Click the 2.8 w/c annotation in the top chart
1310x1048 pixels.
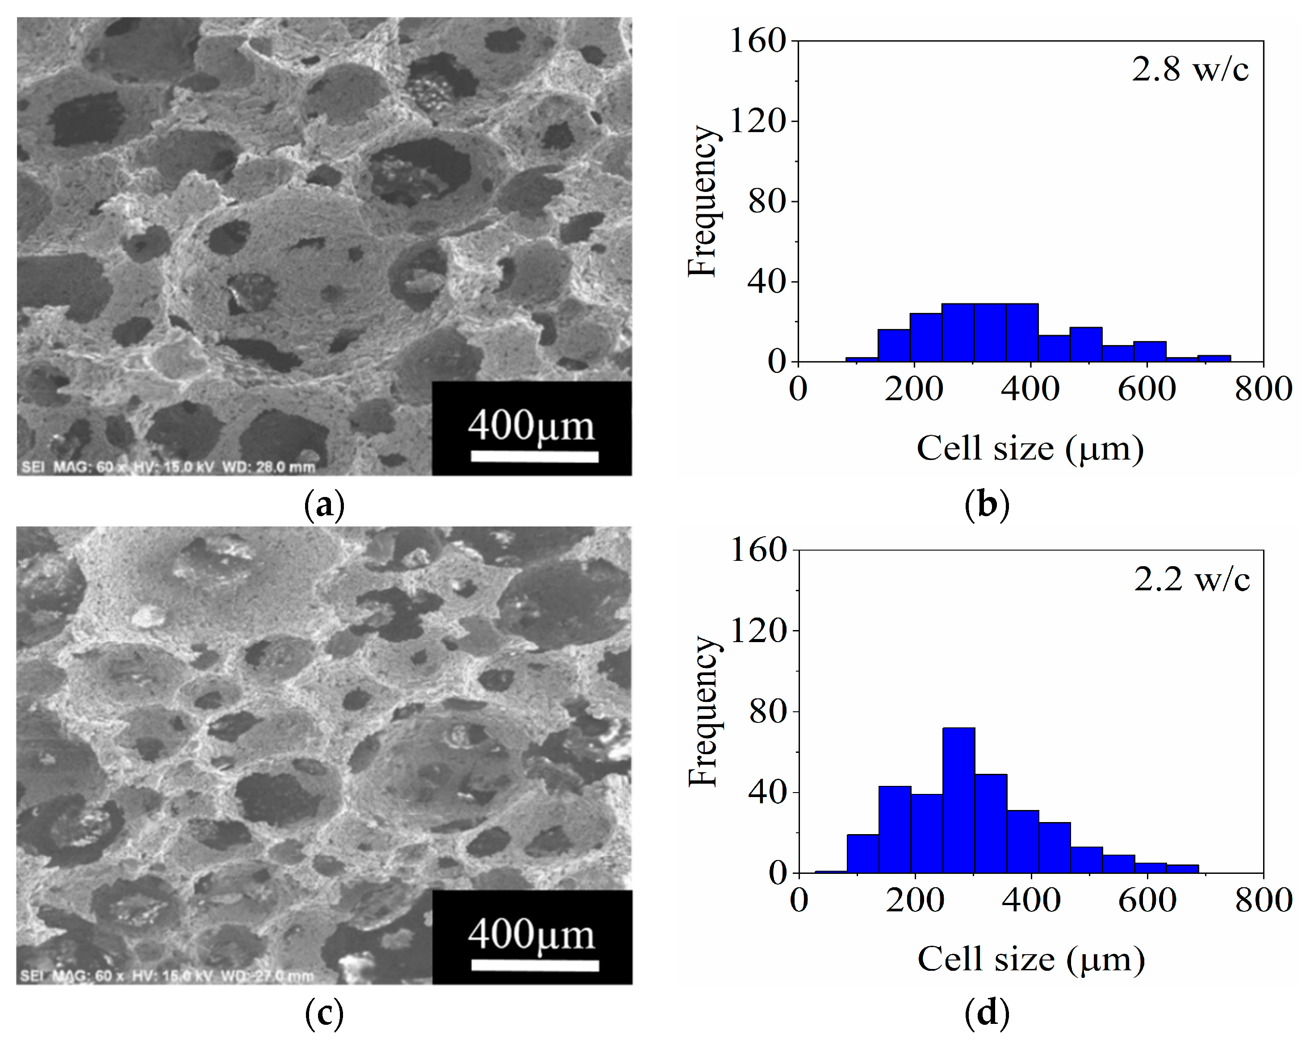pos(1190,70)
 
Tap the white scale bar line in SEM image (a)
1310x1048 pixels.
pos(534,456)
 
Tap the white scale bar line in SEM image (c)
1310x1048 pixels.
pos(535,965)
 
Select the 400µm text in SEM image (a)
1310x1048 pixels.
pos(531,426)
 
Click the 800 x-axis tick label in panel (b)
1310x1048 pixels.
pos(1263,389)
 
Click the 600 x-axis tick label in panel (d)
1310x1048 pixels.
pos(1147,899)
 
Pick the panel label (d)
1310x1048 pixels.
pos(987,1013)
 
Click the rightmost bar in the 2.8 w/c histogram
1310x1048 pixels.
pos(1214,359)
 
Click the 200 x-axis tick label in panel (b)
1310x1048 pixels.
pos(913,389)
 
